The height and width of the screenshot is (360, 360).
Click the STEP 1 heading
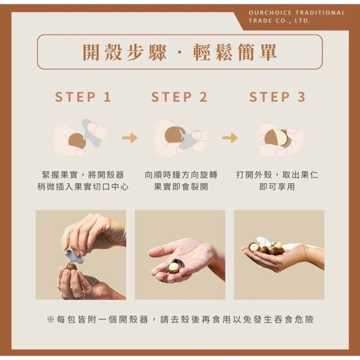(83, 97)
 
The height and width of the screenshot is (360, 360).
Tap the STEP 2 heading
(179, 97)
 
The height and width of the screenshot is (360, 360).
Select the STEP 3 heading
(277, 97)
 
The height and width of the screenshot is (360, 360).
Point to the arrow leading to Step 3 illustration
(230, 138)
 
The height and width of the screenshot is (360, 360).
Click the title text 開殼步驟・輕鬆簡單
(180, 52)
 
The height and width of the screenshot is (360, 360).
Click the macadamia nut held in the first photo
(71, 268)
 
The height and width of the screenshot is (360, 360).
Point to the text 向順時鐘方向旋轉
(181, 175)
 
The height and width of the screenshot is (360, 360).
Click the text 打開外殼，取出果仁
(277, 175)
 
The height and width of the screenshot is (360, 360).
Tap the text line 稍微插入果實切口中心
(83, 187)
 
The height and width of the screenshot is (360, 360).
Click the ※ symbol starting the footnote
(50, 319)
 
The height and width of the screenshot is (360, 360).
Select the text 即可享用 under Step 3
(277, 187)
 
